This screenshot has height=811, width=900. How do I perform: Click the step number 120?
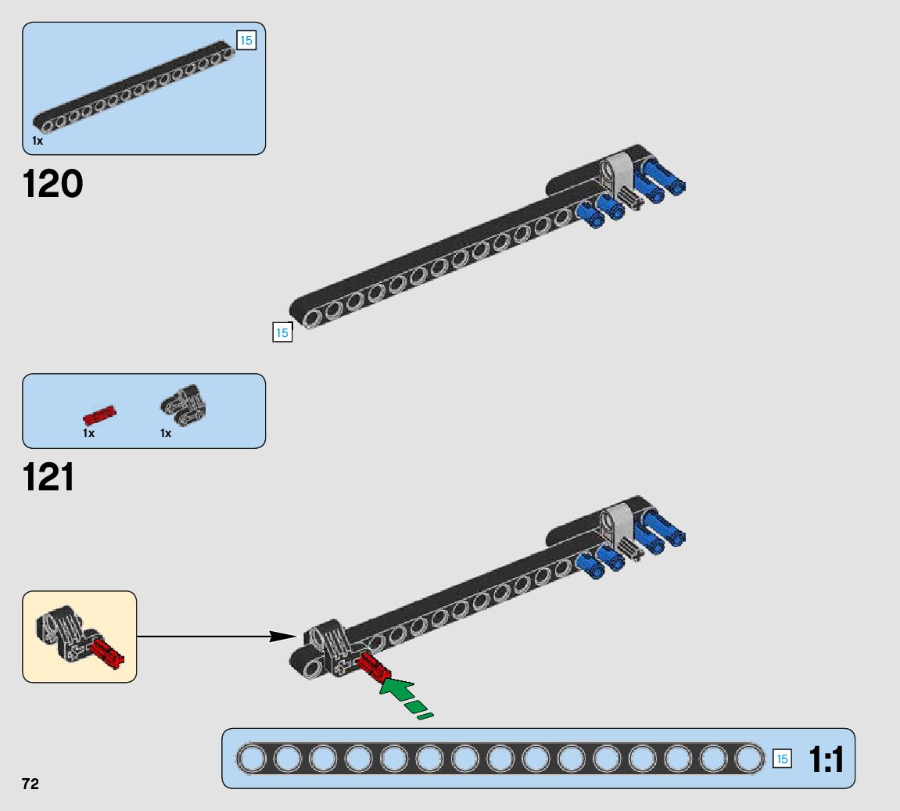[53, 185]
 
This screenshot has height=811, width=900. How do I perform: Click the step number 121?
[49, 477]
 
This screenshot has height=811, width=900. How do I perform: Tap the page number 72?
[30, 784]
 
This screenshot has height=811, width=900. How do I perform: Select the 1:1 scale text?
[826, 759]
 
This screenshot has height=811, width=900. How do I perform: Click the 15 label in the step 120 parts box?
[246, 40]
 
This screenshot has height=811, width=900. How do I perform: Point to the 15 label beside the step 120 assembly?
[281, 332]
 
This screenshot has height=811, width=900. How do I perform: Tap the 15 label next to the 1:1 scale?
[781, 759]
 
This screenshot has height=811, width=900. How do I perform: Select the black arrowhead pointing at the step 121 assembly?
[281, 637]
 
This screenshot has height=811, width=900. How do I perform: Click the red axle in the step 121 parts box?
[99, 415]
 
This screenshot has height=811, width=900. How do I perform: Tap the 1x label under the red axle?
[88, 433]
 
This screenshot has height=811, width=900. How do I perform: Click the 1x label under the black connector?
[166, 433]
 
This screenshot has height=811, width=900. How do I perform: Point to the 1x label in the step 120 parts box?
[38, 142]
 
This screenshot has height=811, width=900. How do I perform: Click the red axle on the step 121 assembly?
[374, 667]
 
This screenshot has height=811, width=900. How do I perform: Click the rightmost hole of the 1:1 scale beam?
[749, 759]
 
